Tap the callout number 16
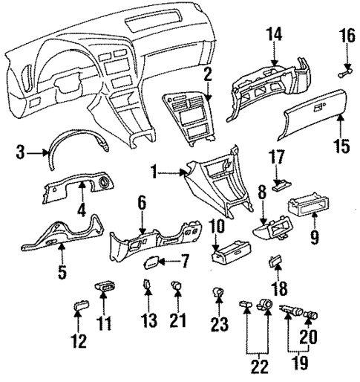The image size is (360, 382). pyautogui.click(x=347, y=35)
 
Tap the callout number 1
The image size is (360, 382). pyautogui.click(x=153, y=174)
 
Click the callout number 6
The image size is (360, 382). pyautogui.click(x=142, y=202)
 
